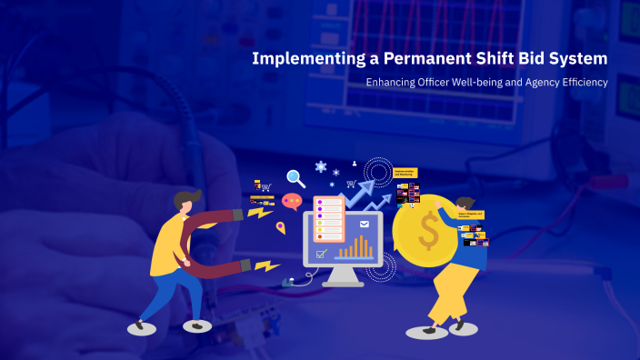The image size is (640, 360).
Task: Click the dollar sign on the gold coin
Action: [427, 231]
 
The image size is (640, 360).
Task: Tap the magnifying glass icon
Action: [295, 178]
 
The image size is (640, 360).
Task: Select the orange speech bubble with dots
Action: [292, 201]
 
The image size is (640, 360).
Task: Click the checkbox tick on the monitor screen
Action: [320, 254]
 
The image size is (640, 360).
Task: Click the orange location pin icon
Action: [281, 227]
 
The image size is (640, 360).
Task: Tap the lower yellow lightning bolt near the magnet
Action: [266, 266]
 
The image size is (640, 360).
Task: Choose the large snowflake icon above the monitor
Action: [320, 167]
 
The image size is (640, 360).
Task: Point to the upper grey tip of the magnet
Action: [238, 215]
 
